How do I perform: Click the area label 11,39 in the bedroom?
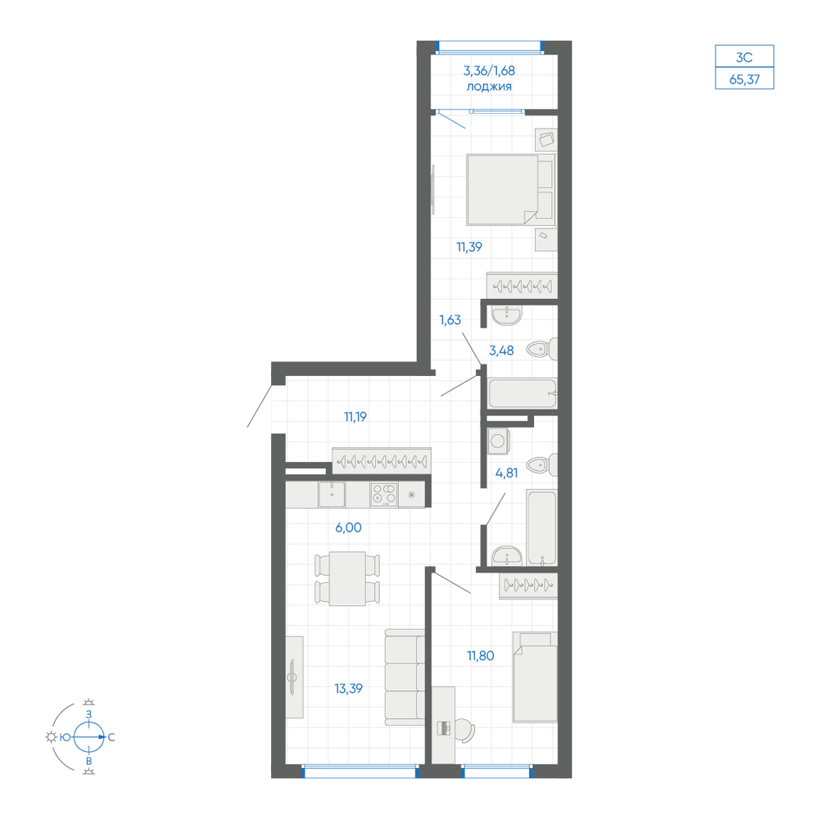point(469,247)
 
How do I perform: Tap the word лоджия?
point(489,87)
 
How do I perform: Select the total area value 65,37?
point(744,80)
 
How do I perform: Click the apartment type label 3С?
point(744,57)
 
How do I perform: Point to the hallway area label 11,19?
point(355,417)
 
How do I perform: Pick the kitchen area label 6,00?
point(348,527)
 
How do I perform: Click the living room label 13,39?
point(348,689)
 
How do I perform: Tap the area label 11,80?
point(481,656)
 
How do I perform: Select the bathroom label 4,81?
point(507,473)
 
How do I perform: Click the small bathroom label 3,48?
point(501,351)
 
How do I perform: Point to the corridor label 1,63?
point(450,319)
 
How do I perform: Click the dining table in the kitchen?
point(347,579)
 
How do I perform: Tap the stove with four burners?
point(384,494)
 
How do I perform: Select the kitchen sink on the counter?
point(332,494)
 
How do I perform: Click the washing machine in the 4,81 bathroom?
point(498,441)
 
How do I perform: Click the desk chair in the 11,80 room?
point(465,730)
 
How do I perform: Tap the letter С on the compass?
point(111,738)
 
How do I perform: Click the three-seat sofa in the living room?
point(405,677)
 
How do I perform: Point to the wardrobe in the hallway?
point(382,461)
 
